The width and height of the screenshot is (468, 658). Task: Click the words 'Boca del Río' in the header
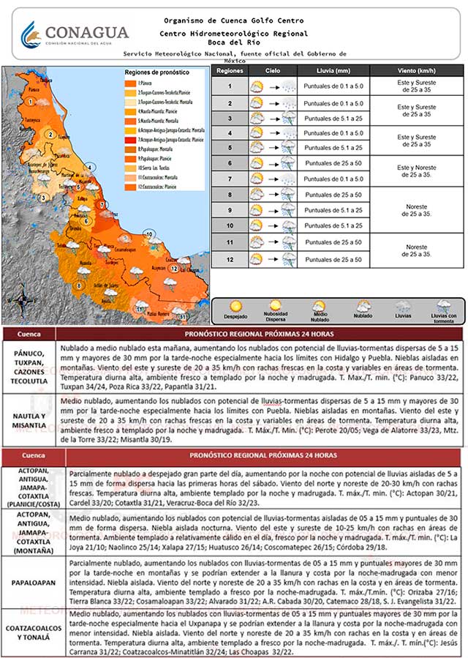tap(233, 42)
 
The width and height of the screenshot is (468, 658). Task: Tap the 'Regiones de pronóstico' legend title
tap(156, 72)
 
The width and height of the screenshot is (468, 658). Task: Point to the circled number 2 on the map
tap(50, 134)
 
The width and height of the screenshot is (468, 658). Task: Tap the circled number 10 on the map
tap(149, 234)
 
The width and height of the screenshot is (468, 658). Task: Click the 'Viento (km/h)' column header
tap(415, 70)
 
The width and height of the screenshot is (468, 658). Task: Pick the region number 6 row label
tap(229, 163)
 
